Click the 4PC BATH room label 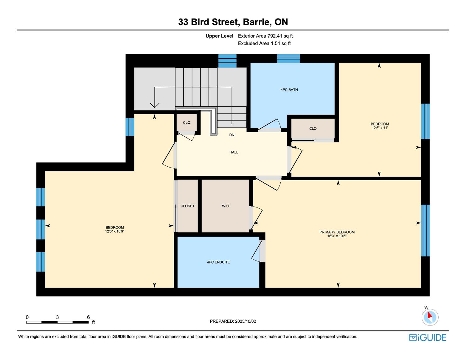pos(289,89)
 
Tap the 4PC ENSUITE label pos(218,262)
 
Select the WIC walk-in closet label pos(225,206)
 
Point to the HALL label pos(234,152)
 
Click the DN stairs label pos(232,135)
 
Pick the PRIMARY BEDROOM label pos(337,232)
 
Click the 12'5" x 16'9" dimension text pos(115,231)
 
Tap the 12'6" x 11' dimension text pos(380,128)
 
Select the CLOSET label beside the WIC pos(187,206)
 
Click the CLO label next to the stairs pos(187,123)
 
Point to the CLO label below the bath pos(313,129)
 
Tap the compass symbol pos(430,317)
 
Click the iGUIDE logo pos(428,337)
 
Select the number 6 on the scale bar pos(88,317)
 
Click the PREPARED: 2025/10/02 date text pos(233,321)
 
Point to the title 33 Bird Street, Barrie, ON pos(233,22)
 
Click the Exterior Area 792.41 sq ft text pos(265,36)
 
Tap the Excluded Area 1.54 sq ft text pos(264,43)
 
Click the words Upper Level pos(219,36)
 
